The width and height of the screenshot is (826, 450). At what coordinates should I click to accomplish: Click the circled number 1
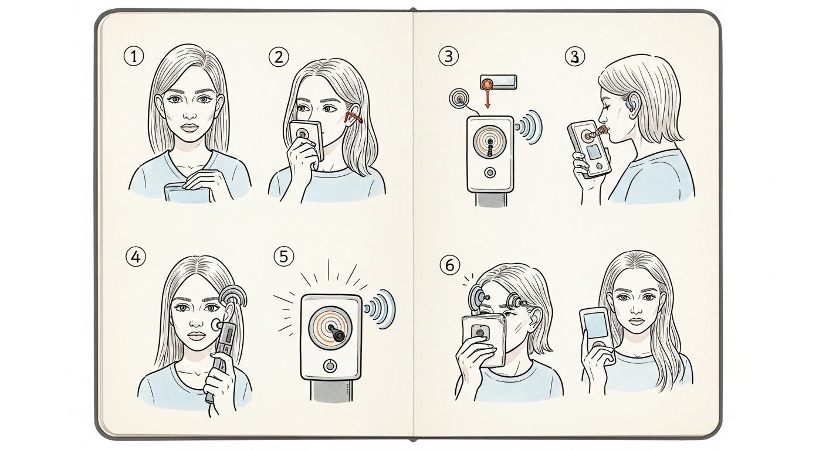[x=134, y=57]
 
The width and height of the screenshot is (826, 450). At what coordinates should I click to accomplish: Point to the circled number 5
[x=284, y=257]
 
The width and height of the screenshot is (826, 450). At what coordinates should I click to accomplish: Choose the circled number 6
[x=447, y=265]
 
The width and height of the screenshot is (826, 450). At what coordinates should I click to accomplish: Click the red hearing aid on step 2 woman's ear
[x=354, y=118]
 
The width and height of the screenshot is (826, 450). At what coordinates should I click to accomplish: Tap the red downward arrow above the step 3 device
[x=487, y=103]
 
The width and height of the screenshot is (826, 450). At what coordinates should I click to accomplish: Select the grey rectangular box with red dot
[x=497, y=82]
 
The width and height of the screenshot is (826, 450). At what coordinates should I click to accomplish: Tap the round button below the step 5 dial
[x=330, y=366]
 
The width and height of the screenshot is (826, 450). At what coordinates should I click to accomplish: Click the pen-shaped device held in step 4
[x=223, y=352]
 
